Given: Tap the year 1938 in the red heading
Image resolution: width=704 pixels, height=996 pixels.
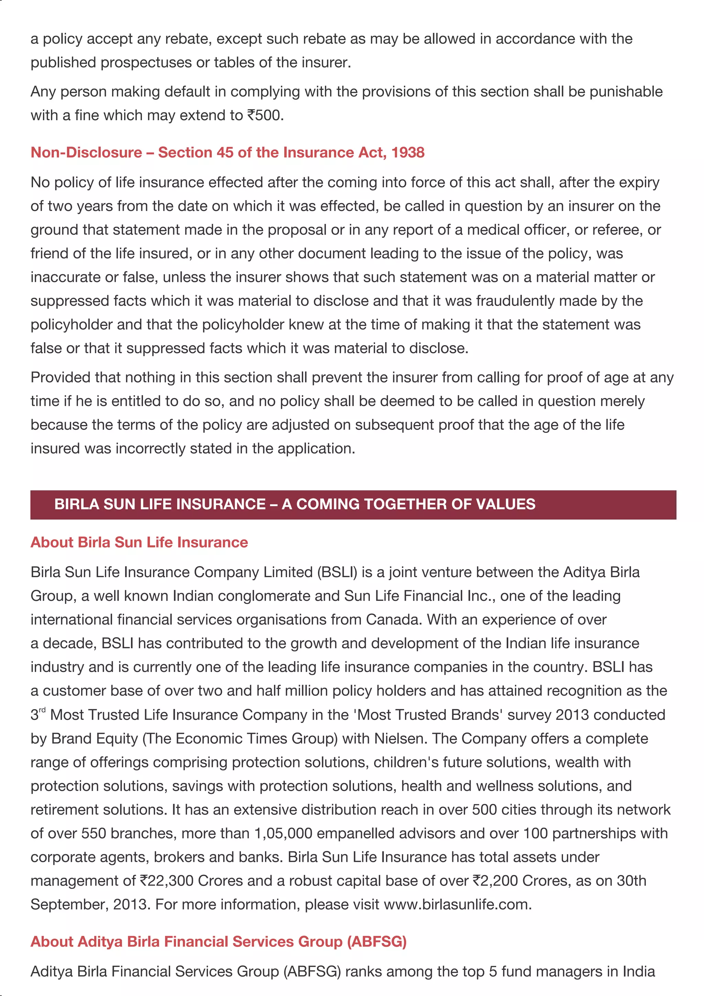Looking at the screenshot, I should click(408, 152).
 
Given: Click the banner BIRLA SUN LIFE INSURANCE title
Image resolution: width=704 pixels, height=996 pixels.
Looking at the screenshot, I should click(294, 504).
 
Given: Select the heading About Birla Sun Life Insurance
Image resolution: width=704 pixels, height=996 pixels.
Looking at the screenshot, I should click(139, 542).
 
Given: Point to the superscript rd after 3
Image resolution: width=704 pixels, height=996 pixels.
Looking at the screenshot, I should click(42, 710).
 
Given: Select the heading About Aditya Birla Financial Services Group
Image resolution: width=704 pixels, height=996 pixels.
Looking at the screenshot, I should click(218, 942).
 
